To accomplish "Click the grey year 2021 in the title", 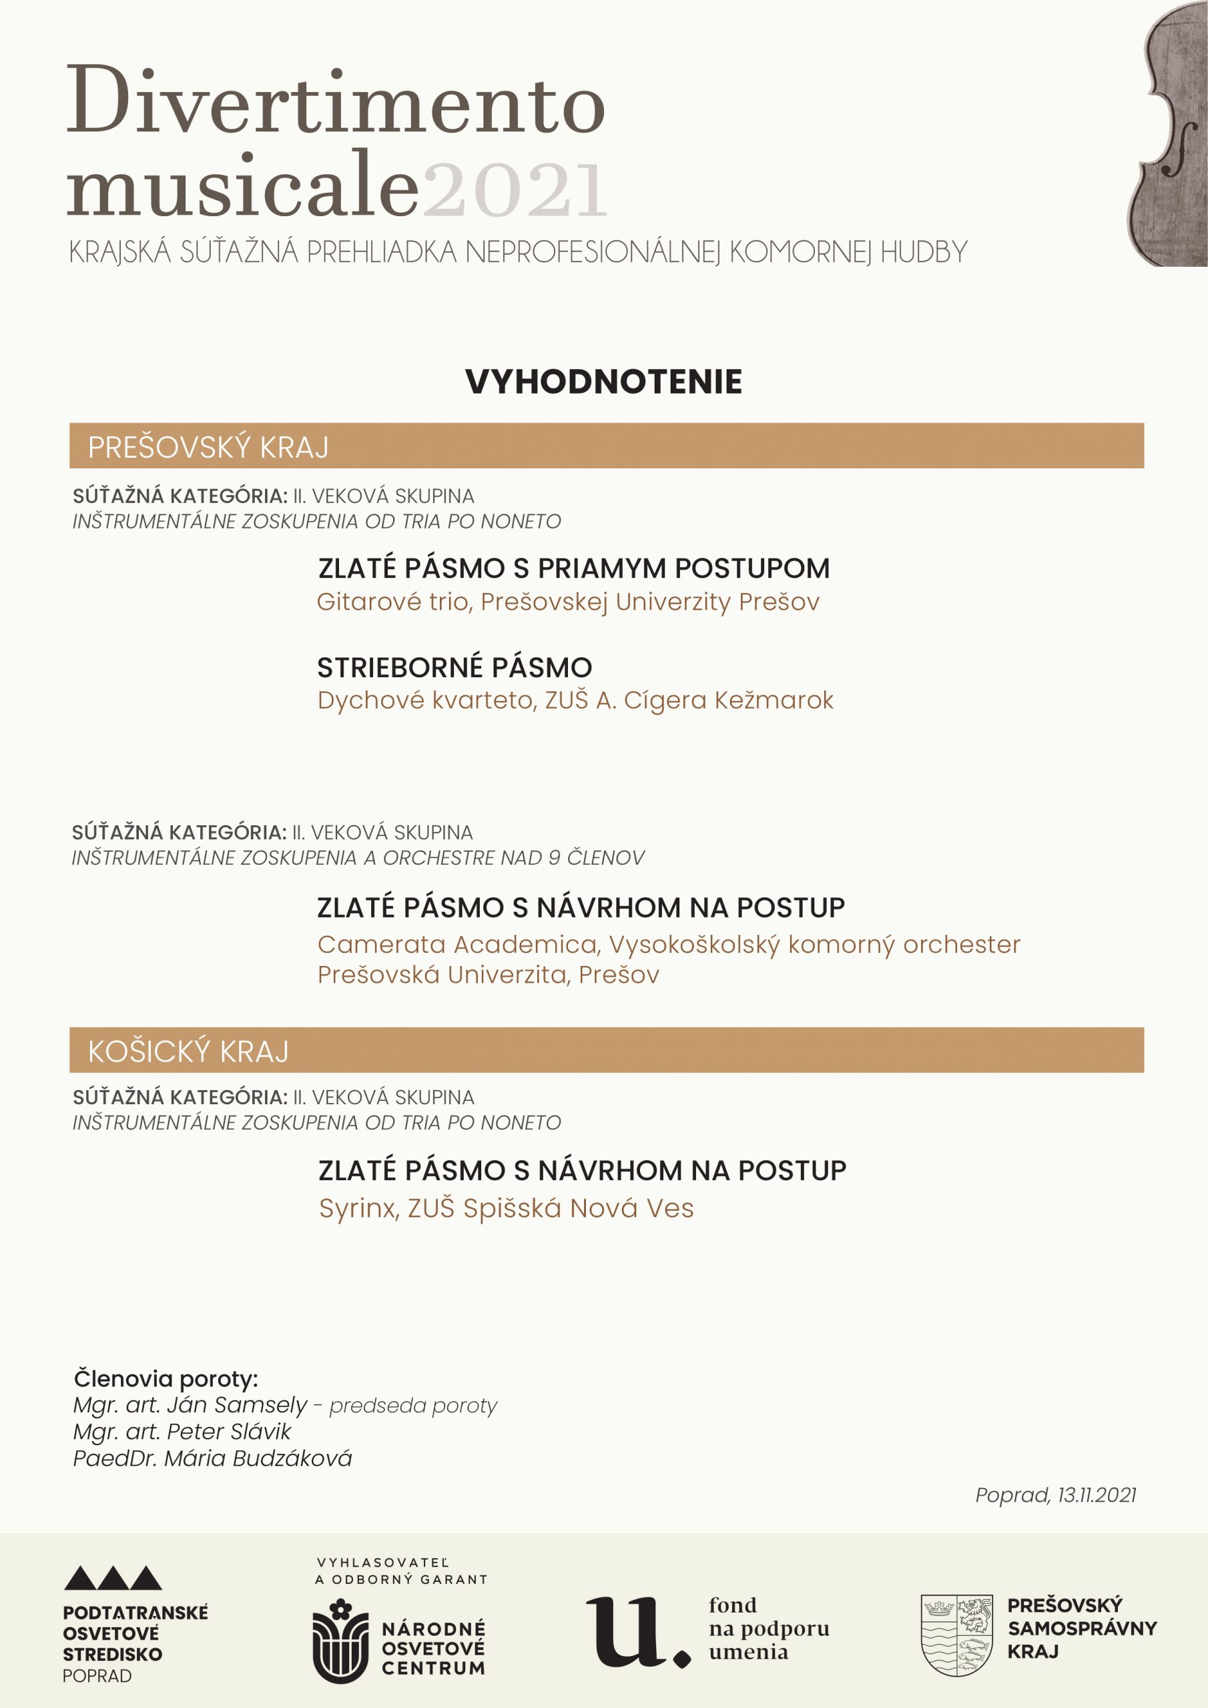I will [x=515, y=189].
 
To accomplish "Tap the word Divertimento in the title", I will [x=336, y=102].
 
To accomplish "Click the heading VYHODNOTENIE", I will [x=603, y=382].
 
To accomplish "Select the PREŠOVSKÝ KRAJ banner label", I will [x=208, y=447].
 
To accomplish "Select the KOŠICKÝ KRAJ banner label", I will [x=188, y=1051].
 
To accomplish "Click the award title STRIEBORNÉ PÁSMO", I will [x=454, y=667].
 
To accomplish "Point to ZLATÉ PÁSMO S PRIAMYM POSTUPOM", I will [x=573, y=568].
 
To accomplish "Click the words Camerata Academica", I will [x=458, y=944].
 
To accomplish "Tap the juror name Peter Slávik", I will [x=228, y=1431].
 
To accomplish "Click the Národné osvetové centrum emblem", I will [x=340, y=1639].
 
